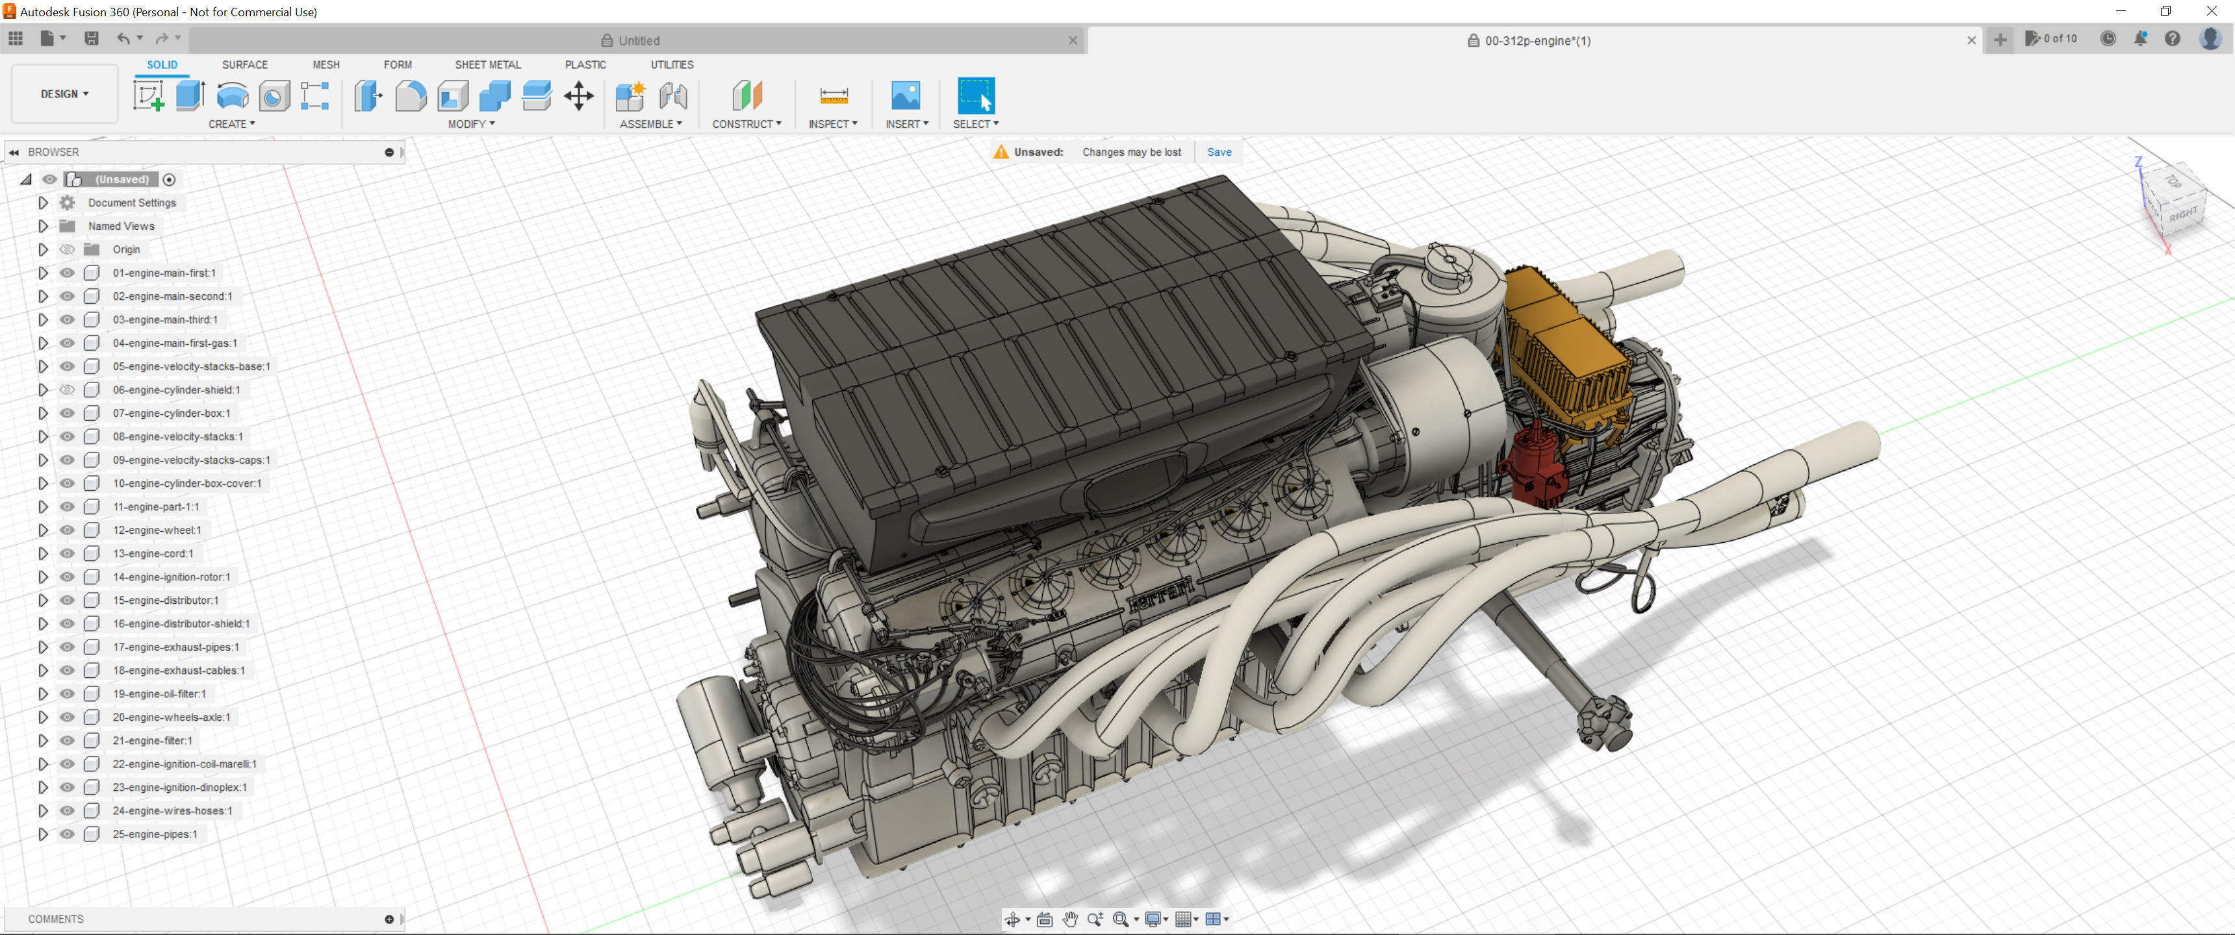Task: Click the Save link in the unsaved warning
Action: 1218,152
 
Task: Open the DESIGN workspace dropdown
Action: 64,93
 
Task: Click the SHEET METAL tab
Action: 487,65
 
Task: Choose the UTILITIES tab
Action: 672,65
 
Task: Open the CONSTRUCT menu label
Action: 746,124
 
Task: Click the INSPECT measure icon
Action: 833,95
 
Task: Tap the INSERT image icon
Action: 905,95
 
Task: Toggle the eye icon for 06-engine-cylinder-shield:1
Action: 67,390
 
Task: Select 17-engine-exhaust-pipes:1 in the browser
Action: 175,647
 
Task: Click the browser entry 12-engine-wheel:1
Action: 156,530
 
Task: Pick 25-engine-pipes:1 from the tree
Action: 155,834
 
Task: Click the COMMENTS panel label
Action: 55,919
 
